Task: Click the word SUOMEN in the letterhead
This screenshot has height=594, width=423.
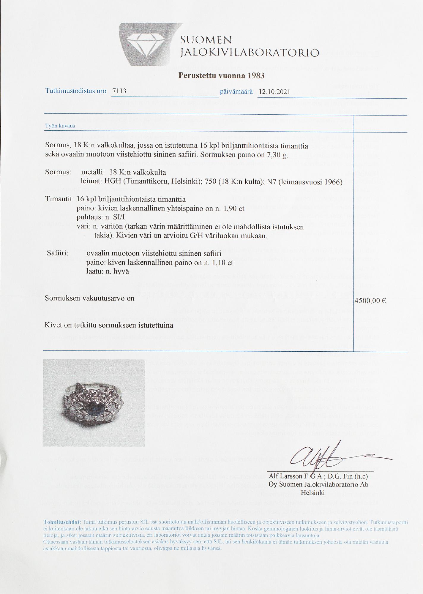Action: coord(206,40)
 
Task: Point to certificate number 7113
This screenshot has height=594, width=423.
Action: coord(119,91)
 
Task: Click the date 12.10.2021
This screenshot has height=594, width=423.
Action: coord(274,91)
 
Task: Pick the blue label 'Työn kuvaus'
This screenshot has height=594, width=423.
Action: coord(60,126)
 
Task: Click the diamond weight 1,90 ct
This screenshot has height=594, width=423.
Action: coord(233,208)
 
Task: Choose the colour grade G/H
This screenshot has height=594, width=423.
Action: coord(195,236)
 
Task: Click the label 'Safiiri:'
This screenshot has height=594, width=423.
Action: coord(58,254)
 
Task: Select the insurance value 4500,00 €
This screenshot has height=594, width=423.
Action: coord(370,301)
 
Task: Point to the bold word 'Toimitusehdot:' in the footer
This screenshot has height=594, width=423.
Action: coord(62,522)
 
